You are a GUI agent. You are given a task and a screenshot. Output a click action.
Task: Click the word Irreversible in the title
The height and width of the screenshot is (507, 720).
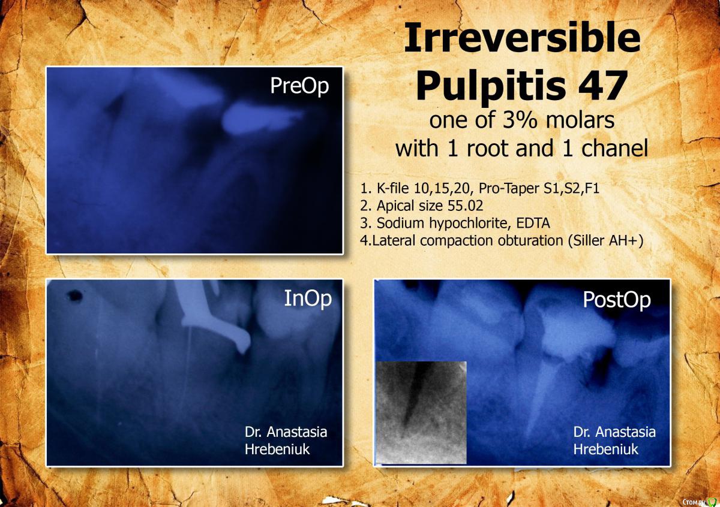pyautogui.click(x=523, y=38)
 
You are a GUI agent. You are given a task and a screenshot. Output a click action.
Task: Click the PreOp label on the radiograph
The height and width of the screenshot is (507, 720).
pyautogui.click(x=299, y=86)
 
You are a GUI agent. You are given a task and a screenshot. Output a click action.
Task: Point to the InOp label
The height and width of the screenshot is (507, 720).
pyautogui.click(x=308, y=298)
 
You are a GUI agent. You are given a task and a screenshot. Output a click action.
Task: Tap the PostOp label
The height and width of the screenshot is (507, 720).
pyautogui.click(x=617, y=300)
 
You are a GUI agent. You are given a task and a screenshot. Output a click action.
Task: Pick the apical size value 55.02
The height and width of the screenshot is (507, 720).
pyautogui.click(x=465, y=206)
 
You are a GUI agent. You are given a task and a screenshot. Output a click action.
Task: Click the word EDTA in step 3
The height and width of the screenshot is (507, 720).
pyautogui.click(x=533, y=223)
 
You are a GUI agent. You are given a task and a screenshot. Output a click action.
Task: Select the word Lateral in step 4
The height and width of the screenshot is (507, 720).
pyautogui.click(x=394, y=240)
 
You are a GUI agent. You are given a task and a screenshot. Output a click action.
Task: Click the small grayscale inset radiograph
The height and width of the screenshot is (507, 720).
pyautogui.click(x=421, y=412)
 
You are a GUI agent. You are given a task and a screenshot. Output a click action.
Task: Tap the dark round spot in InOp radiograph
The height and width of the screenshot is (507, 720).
pyautogui.click(x=74, y=295)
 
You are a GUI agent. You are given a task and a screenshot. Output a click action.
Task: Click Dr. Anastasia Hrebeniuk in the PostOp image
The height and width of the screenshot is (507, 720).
pyautogui.click(x=614, y=440)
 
